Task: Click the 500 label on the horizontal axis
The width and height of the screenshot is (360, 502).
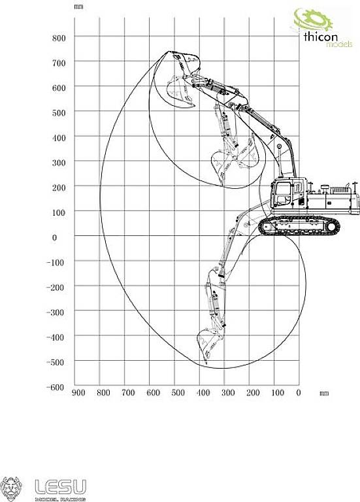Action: click(178, 393)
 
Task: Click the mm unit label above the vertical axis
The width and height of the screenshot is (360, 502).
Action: click(79, 7)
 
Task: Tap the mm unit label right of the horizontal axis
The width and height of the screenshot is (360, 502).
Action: click(323, 393)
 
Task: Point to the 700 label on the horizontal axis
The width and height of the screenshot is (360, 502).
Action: click(127, 393)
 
